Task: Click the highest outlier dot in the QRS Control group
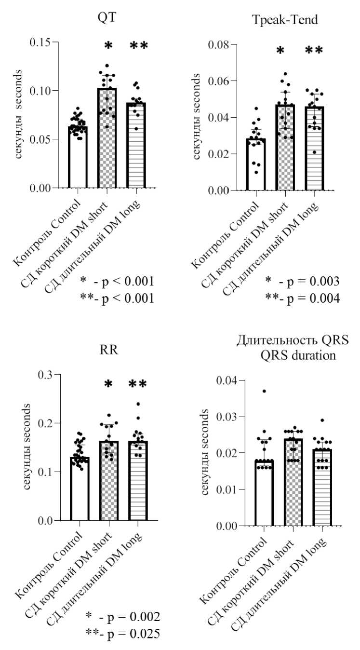pos(264,391)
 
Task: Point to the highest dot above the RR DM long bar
pos(138,404)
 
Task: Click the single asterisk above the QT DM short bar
pos(108,46)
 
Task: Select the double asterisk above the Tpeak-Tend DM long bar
pos(314,50)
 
